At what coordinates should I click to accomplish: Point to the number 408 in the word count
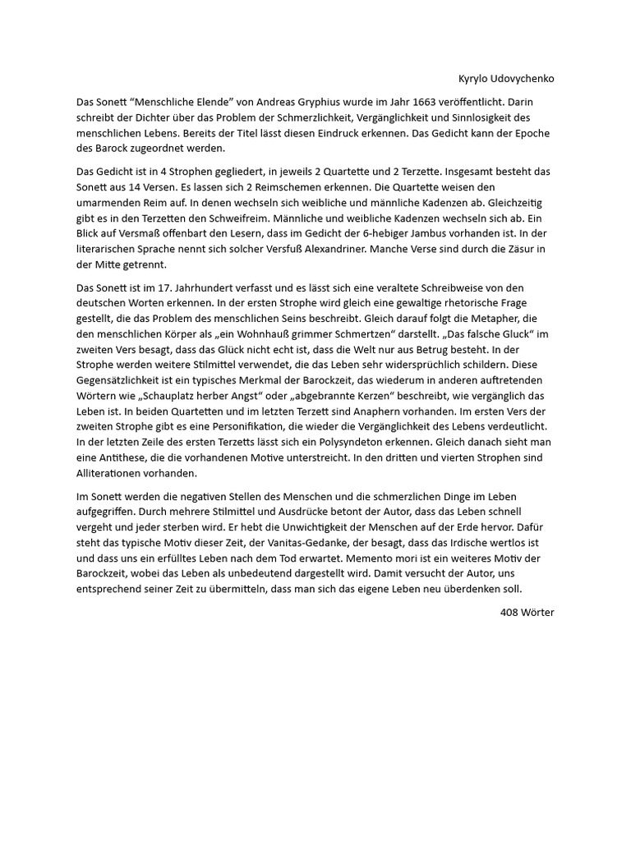tap(510, 613)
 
